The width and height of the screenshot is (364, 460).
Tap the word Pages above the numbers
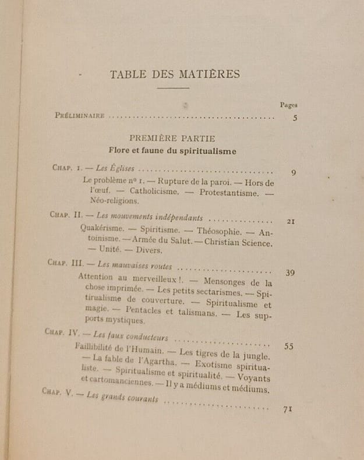point(288,105)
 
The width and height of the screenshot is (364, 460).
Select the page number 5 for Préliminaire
point(295,118)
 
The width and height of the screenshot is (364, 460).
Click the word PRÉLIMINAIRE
point(80,115)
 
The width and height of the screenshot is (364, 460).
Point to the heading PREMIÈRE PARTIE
point(172,138)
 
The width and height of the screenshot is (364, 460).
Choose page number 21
point(292,221)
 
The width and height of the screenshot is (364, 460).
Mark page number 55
point(289,346)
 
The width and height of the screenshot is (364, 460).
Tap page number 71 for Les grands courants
point(287,409)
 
